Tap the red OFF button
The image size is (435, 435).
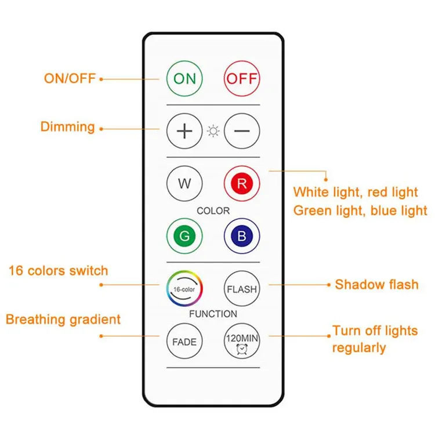(x=242, y=78)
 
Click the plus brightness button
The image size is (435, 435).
(x=184, y=131)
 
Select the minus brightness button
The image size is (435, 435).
(x=242, y=131)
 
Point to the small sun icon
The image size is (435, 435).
(x=213, y=131)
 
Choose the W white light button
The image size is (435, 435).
(x=184, y=183)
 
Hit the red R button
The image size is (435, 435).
(x=242, y=183)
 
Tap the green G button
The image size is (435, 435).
(x=184, y=236)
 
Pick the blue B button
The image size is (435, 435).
(x=242, y=236)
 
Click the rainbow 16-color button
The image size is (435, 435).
(x=184, y=288)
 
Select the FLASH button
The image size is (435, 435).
(x=242, y=288)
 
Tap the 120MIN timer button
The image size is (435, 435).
(x=242, y=341)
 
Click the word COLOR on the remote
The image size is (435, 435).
(x=213, y=211)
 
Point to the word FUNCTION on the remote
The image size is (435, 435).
(x=213, y=314)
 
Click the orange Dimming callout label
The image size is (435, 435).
(x=68, y=127)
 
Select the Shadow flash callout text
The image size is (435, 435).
(x=376, y=284)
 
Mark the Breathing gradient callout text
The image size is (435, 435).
(x=63, y=320)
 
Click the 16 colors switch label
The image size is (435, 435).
(x=58, y=270)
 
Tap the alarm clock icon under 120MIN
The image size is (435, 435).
(x=242, y=349)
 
